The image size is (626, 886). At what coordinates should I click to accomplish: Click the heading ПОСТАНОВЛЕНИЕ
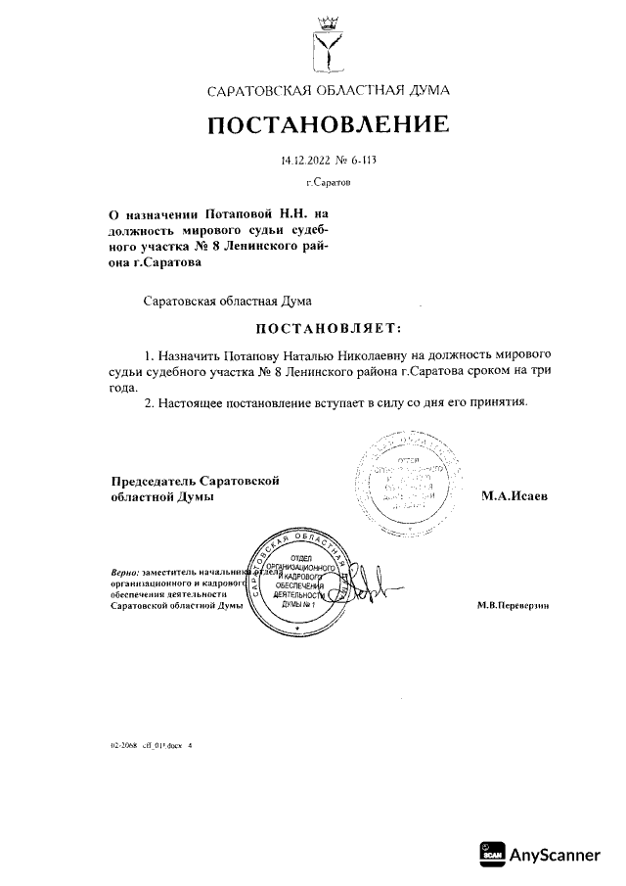click(328, 125)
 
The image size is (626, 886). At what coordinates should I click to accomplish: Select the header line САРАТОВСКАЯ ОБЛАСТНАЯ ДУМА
click(328, 91)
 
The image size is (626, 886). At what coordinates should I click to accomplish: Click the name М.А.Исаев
click(514, 496)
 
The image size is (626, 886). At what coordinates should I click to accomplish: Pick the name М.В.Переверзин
click(513, 606)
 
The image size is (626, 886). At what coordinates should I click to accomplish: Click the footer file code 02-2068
click(124, 745)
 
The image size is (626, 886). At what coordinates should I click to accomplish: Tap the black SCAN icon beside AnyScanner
click(493, 855)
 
